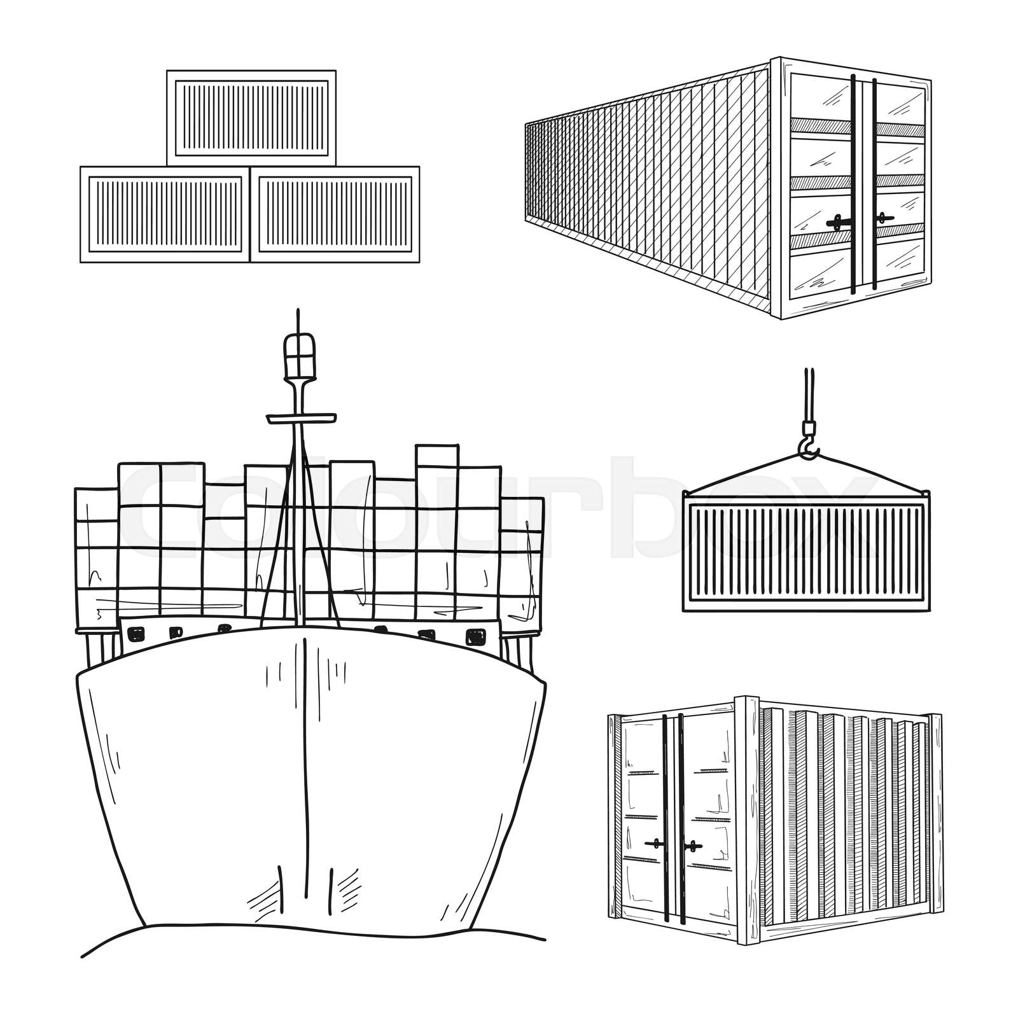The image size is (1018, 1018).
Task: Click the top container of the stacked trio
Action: point(251,118)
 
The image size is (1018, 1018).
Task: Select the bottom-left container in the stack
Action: point(165,214)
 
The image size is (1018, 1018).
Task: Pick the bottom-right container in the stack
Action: point(335,214)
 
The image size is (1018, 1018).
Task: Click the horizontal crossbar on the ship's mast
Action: point(301,418)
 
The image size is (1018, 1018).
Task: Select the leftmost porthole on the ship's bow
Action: point(136,634)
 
